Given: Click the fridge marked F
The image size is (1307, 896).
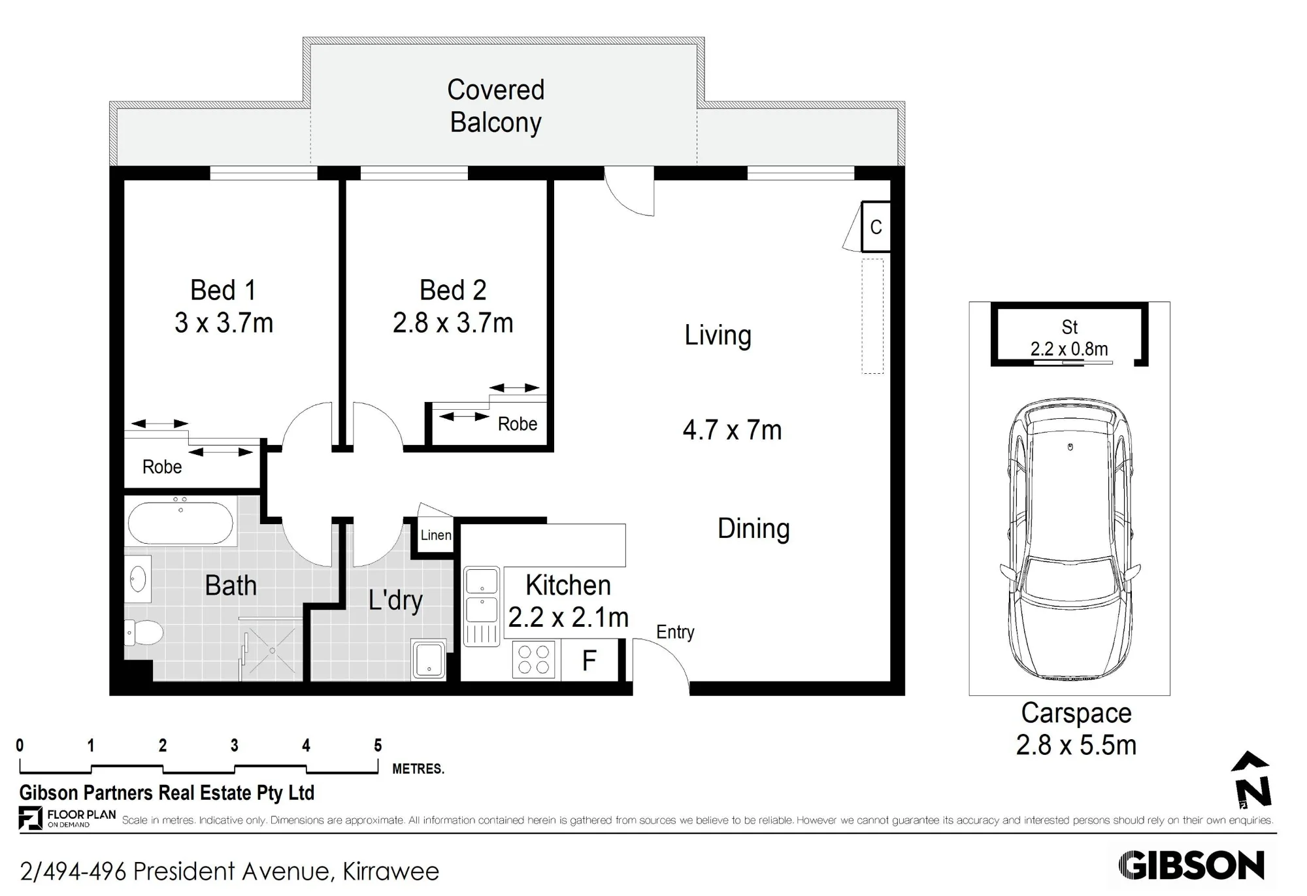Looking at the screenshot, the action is point(589,661).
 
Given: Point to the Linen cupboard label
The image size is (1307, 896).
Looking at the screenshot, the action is point(436,535).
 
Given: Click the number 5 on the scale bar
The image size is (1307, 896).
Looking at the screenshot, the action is point(378,746).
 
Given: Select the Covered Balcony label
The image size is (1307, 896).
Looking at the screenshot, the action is point(496,106).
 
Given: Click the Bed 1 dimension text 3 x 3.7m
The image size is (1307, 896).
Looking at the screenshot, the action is point(223,323).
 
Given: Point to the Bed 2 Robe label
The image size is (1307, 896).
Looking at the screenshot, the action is point(518,424).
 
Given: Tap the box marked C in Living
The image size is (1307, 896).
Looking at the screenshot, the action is point(876,227).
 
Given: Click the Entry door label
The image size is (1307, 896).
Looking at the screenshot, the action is point(675,632).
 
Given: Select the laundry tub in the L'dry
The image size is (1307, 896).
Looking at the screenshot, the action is point(429,659).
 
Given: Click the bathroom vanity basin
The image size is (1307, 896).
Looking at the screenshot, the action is point(138,579).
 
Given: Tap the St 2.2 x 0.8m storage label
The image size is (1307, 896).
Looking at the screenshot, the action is point(1069,338).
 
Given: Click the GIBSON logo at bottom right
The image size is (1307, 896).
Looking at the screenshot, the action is point(1191,866).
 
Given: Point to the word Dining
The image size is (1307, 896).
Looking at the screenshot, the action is point(753,529).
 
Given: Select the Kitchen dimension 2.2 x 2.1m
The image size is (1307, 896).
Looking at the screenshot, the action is point(568,617).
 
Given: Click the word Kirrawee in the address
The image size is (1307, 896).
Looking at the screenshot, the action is point(391,871).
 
